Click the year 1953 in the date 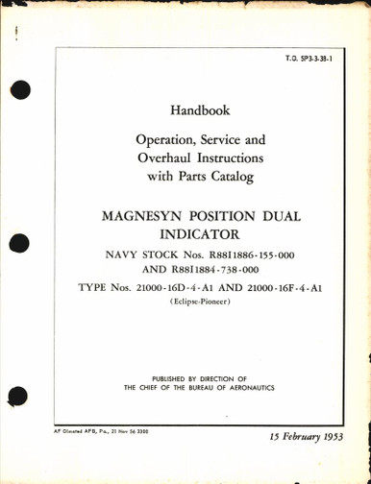click(x=329, y=450)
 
